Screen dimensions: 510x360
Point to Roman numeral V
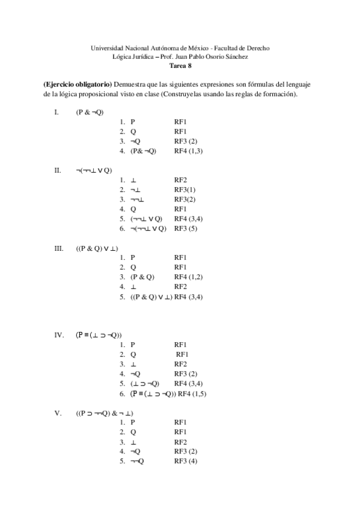click(56, 413)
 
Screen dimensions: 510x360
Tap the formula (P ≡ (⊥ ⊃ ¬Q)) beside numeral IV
click(99, 335)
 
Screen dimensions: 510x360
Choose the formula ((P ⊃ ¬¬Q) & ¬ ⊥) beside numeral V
click(105, 413)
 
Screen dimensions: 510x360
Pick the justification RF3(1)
click(185, 189)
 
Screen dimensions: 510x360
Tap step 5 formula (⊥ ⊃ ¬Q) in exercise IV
click(144, 384)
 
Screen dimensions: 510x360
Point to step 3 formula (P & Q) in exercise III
click(142, 277)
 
